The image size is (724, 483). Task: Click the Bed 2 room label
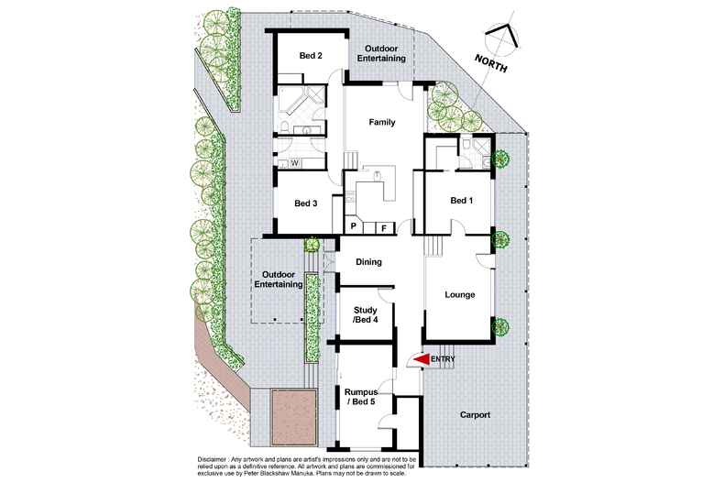311,56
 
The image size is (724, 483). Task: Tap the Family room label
381,122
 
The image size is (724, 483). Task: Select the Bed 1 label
462,201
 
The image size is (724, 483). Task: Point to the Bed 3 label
304,203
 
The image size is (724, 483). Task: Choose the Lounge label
459,295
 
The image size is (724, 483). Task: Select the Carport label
474,415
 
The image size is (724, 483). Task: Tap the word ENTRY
443,360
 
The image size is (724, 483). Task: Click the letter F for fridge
383,226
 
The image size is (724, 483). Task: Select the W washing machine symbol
295,163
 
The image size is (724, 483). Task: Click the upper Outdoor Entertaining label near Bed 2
384,54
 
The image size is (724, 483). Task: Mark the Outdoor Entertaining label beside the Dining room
281,279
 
